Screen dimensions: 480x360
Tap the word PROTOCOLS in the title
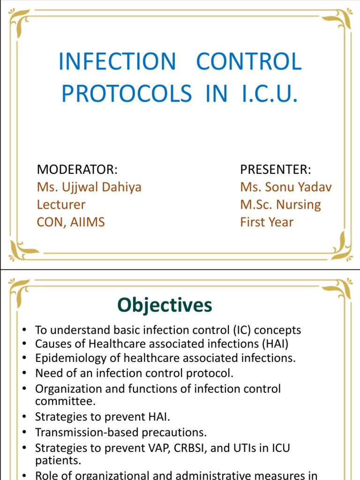127,93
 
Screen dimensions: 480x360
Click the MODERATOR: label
77,169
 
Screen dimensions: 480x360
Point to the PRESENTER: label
276,169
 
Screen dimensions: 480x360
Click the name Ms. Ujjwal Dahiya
89,187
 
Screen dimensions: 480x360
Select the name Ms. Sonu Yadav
286,187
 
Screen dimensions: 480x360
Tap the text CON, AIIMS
71,222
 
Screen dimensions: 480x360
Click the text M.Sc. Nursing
280,204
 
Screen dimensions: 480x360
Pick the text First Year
267,222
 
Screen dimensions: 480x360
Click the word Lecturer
61,204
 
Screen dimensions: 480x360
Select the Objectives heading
165,305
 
